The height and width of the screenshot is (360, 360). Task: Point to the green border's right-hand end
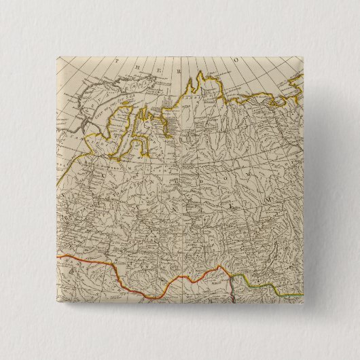[302, 294]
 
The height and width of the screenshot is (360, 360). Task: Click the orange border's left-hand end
[58, 257]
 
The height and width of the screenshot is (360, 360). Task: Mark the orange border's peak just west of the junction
[219, 268]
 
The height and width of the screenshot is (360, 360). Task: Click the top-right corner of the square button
[302, 57]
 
